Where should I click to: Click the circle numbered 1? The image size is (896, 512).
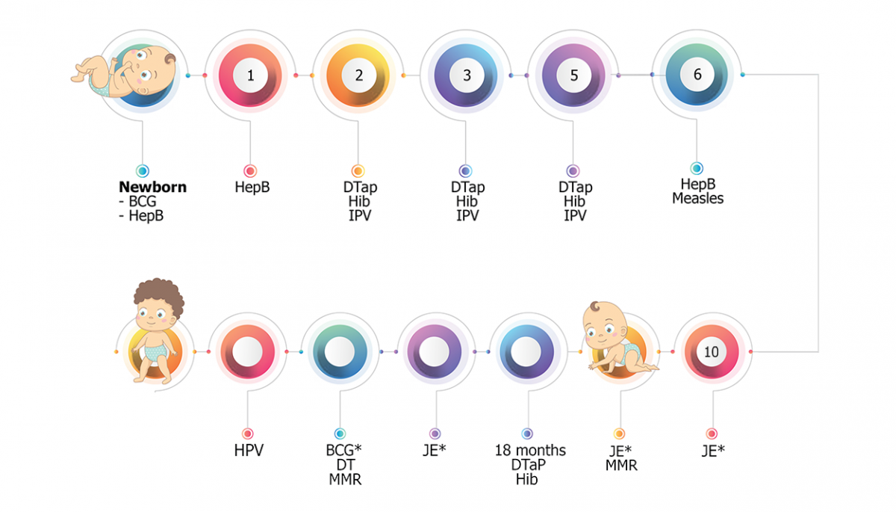(x=250, y=75)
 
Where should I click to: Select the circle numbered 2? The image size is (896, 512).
(x=358, y=75)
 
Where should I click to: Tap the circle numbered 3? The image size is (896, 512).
(x=467, y=75)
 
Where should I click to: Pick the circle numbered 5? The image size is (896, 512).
(x=573, y=75)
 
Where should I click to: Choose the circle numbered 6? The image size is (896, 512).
(x=697, y=75)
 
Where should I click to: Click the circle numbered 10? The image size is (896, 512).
(x=712, y=351)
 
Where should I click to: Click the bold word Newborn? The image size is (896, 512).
(x=152, y=188)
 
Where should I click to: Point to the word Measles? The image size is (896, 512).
(x=697, y=198)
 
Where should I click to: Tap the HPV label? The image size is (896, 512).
(x=248, y=451)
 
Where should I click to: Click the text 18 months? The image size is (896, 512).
(x=530, y=451)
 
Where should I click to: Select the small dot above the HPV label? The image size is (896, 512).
(x=248, y=434)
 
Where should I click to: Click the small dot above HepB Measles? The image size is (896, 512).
(x=697, y=169)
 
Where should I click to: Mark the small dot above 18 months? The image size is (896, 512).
(x=527, y=434)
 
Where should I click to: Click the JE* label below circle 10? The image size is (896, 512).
(x=713, y=451)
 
